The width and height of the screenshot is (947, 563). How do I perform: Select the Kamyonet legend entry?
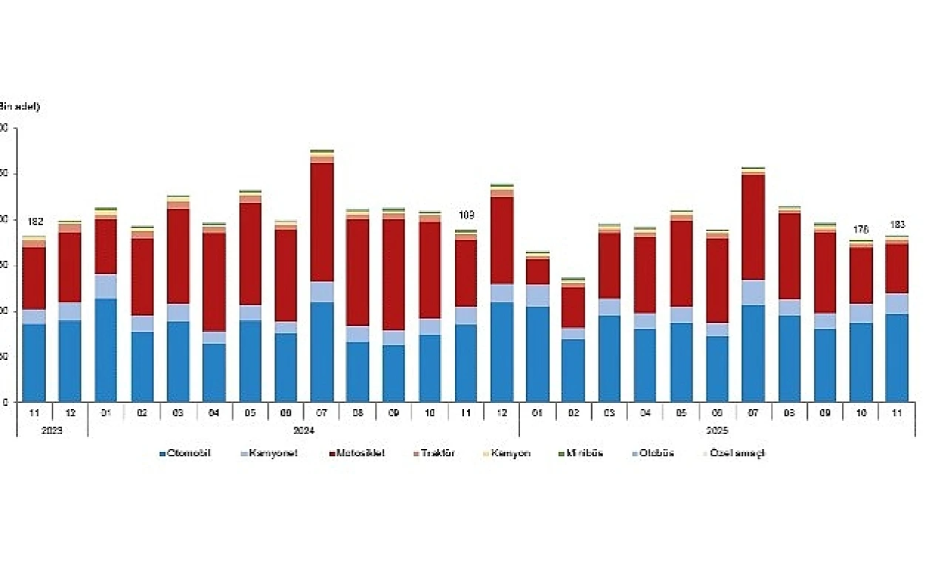point(271,453)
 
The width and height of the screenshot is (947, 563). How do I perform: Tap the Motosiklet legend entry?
point(358,453)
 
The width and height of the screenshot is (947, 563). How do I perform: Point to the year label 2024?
point(303,430)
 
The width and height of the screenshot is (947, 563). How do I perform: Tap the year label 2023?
point(52,430)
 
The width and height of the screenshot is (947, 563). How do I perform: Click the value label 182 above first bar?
point(35,221)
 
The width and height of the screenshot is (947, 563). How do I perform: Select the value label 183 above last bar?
point(897,224)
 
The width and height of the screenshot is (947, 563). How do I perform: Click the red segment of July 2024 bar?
point(322,222)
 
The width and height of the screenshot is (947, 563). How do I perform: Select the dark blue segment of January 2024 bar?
point(106,350)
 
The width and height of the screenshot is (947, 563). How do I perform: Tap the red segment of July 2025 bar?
point(753,227)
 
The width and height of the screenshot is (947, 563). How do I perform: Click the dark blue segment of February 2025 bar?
point(573,370)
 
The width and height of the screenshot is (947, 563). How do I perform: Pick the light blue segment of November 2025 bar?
point(897,304)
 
